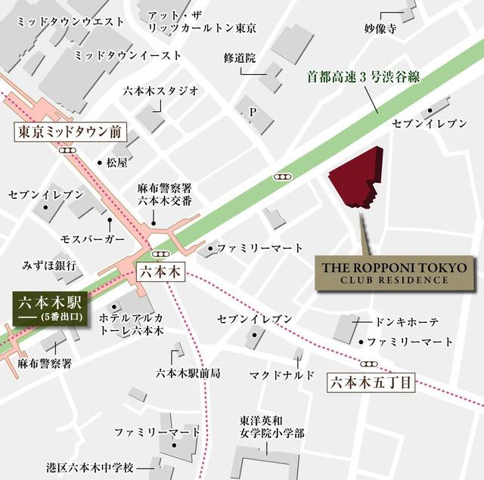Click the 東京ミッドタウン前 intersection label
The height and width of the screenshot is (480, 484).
click(69, 132)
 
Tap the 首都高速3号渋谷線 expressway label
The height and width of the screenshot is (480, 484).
click(363, 76)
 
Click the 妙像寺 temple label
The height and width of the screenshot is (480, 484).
click(380, 29)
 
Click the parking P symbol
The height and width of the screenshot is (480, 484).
click(253, 113)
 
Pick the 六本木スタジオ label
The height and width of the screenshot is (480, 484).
click(161, 91)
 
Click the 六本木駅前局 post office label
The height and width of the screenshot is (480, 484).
click(188, 373)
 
